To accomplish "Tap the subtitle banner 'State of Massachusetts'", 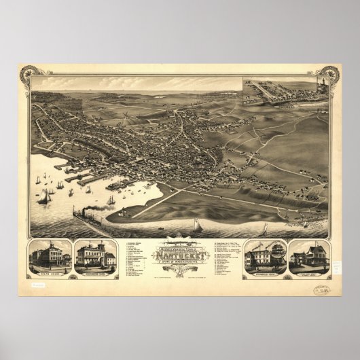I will [x=180, y=257].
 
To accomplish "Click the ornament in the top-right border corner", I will [x=330, y=73].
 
